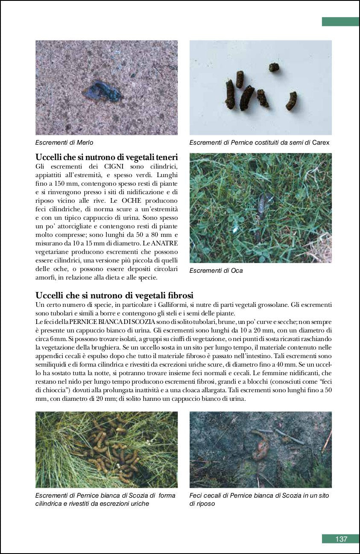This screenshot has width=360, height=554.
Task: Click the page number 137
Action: (x=341, y=539)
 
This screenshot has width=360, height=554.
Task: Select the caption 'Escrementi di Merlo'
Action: (x=64, y=143)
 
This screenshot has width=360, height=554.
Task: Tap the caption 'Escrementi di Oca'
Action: (x=216, y=271)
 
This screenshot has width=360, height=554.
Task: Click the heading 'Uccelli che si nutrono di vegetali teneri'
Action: (x=106, y=157)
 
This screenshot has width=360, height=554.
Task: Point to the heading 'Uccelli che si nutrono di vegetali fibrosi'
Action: (x=114, y=295)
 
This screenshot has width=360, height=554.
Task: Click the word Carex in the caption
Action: (x=321, y=143)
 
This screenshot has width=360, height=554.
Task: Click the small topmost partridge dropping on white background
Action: (x=274, y=67)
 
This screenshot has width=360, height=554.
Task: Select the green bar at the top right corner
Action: (x=340, y=21)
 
